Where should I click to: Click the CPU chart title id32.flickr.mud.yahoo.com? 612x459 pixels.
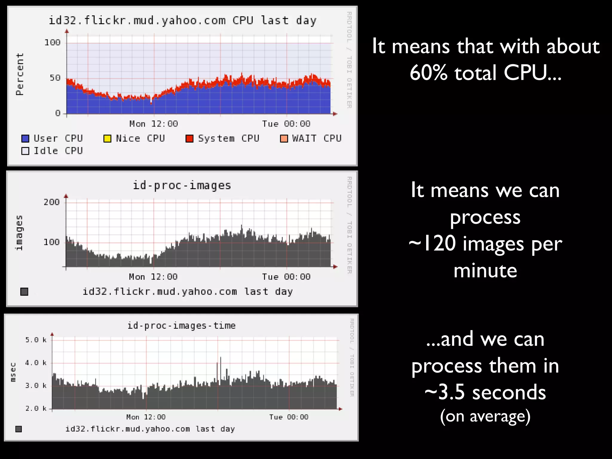click(182, 21)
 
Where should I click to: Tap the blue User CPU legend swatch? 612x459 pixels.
click(25, 139)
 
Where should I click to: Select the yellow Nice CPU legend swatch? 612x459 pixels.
click(107, 139)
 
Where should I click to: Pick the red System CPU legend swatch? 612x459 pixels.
click(189, 139)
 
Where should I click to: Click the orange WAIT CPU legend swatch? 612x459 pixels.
click(284, 139)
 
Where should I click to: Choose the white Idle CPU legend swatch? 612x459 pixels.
click(25, 151)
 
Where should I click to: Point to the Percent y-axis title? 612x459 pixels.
click(20, 74)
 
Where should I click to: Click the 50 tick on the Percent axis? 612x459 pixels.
click(55, 78)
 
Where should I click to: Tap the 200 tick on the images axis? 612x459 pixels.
click(52, 202)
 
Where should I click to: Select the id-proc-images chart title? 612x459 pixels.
click(182, 186)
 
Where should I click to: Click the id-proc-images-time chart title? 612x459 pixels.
click(181, 325)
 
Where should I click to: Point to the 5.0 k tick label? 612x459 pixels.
click(36, 340)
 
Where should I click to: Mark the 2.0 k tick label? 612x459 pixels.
click(36, 408)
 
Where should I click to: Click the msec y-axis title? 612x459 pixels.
click(13, 372)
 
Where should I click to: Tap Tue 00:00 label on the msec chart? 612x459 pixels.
click(289, 417)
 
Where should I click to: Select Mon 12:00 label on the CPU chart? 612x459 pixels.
click(154, 124)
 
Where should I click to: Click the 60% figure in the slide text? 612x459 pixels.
click(429, 73)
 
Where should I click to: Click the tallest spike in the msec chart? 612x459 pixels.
click(221, 358)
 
